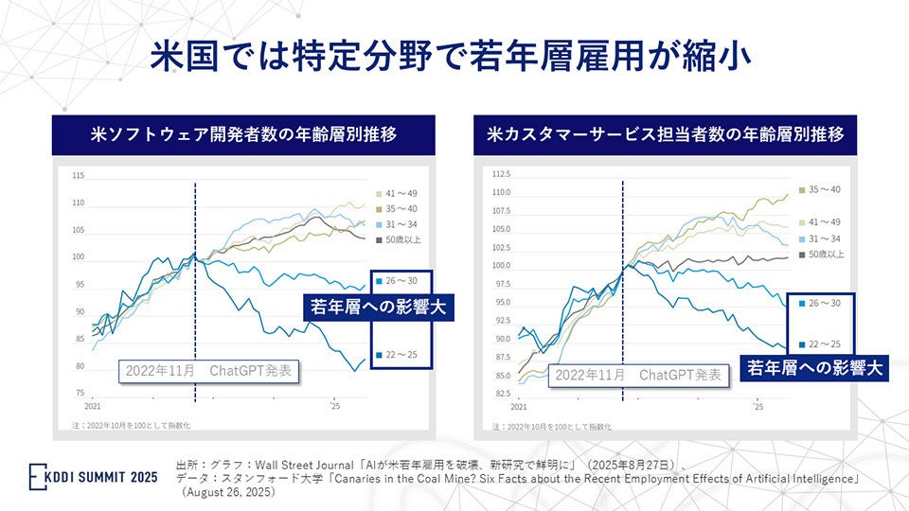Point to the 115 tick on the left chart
pos(78,176)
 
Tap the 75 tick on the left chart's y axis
pos(80,393)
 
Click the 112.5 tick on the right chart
pos(501,174)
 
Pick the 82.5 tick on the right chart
pos(502,394)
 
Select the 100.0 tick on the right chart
pos(501,266)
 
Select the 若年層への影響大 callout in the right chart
pos(811,368)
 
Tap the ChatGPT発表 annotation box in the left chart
pos(207,370)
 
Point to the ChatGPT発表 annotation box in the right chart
pos(637,375)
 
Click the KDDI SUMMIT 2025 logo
pos(93,475)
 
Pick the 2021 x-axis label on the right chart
pos(519,406)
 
